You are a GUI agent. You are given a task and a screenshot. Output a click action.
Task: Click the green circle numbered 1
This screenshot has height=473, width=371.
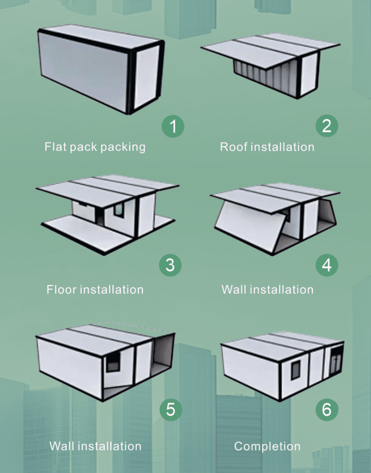173,126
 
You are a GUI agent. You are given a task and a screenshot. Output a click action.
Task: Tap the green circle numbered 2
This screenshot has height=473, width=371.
326,126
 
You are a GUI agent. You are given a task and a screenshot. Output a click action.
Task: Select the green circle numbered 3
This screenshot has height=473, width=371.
170,265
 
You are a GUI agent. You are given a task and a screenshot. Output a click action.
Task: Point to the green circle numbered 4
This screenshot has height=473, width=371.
326,265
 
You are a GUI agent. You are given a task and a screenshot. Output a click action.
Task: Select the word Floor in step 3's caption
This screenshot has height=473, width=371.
61,289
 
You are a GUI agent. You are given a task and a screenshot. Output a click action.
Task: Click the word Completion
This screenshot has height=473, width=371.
267,446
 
